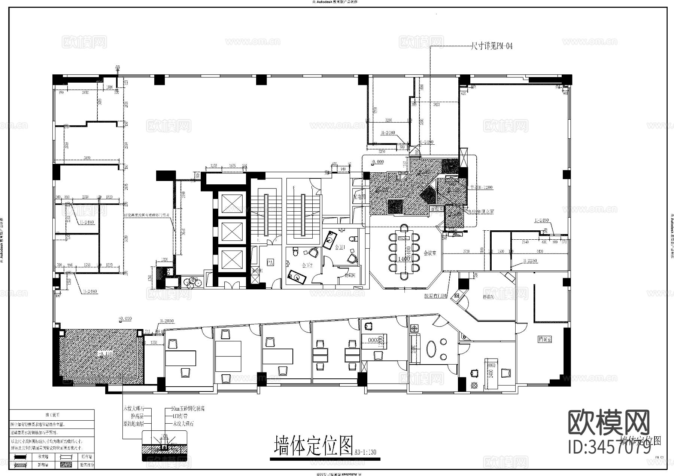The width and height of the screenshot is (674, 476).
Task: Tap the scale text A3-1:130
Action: point(365,452)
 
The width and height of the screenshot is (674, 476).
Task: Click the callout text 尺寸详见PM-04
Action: point(491,46)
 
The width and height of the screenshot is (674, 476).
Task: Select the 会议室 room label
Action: point(430,253)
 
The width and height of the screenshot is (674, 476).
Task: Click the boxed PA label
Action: point(270,263)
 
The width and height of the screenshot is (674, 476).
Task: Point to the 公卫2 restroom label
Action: point(307,265)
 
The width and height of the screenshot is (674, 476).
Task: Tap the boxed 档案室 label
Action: point(545,339)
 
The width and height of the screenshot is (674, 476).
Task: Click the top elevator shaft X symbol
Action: point(232,204)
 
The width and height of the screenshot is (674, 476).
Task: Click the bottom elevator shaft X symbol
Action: point(232,259)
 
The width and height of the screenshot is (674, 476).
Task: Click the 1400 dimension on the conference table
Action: point(404,259)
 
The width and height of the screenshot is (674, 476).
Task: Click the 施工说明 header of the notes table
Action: point(52,415)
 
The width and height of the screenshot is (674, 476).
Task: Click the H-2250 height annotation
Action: point(530,261)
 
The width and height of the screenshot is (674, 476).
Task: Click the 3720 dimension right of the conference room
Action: point(465,252)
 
